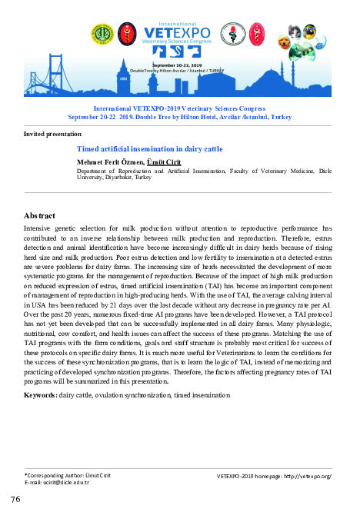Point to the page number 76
click(x=15, y=500)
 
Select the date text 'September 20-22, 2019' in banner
click(x=179, y=65)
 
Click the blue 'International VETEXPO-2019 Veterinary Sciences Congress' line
click(x=180, y=110)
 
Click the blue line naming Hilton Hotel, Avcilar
click(x=180, y=118)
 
